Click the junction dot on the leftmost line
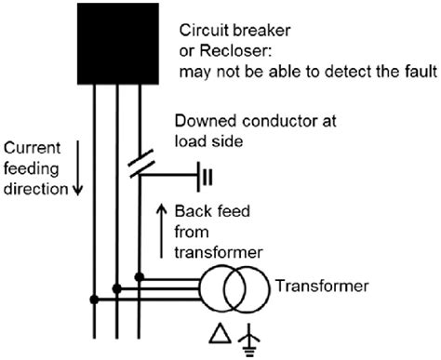click(94, 300)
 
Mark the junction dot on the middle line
click(116, 288)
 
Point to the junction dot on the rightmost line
click(139, 276)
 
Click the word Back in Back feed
click(192, 213)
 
